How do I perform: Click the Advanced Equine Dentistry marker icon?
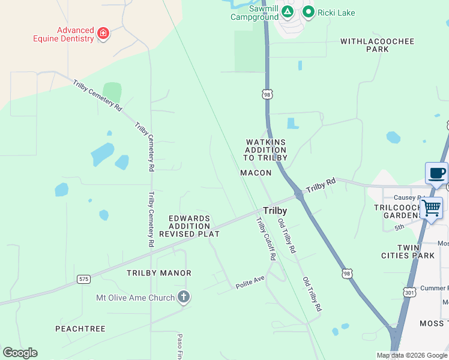[x=103, y=32]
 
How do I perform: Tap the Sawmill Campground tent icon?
[x=288, y=11]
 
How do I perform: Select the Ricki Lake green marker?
[x=309, y=11]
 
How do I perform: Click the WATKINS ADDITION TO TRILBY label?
[x=266, y=150]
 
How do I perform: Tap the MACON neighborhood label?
[x=256, y=173]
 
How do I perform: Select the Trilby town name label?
[x=274, y=211]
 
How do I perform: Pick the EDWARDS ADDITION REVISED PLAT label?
[x=190, y=226]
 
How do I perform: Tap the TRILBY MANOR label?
[x=159, y=273]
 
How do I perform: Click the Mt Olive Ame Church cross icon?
[x=184, y=297]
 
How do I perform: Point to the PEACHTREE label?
[x=80, y=329]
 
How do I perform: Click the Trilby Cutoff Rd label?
[x=266, y=238]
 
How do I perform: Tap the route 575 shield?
[x=84, y=279]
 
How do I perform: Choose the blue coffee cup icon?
[x=436, y=173]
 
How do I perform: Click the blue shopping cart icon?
[x=431, y=209]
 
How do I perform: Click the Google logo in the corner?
[x=20, y=353]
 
